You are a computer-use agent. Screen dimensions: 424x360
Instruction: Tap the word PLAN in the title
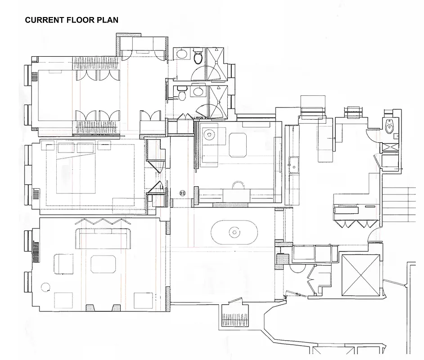108,20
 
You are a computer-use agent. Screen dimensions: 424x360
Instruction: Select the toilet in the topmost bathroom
198,57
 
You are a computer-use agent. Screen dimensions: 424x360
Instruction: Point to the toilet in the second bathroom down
182,94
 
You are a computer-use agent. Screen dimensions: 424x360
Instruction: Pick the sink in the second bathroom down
198,92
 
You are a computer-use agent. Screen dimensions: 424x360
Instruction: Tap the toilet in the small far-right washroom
390,128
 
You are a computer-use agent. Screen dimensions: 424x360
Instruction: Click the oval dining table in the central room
234,232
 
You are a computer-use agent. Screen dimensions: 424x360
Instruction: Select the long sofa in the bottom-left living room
104,238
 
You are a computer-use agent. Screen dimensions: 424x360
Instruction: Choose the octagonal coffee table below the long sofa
104,264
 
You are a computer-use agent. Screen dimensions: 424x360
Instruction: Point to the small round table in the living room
45,287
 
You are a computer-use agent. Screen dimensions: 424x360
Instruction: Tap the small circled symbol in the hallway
183,193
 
